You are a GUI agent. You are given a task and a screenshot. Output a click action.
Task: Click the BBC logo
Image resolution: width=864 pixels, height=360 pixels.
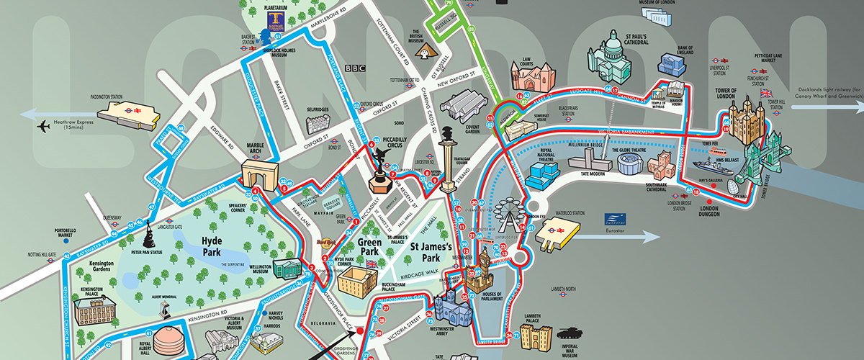click(355, 68)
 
